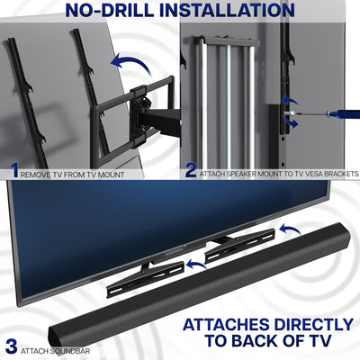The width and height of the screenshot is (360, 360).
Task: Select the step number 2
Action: [192, 169]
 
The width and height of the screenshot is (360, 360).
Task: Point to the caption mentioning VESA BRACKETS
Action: [279, 172]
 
